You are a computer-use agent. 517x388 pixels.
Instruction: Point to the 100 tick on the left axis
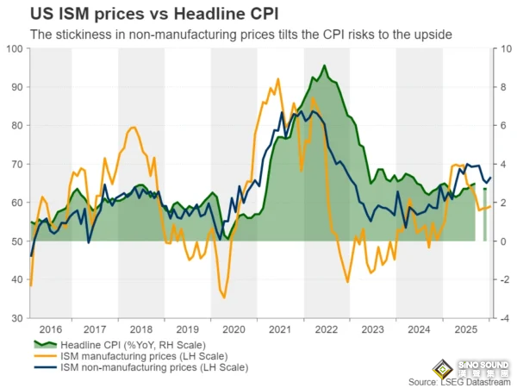click(x=16, y=48)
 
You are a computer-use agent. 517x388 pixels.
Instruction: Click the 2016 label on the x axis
click(x=51, y=329)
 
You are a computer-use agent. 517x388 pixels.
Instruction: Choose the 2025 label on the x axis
click(x=465, y=329)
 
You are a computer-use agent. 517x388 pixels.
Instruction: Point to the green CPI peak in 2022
click(x=324, y=66)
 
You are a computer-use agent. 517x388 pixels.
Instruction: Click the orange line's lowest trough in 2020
click(x=225, y=298)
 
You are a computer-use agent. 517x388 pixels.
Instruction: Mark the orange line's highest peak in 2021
click(x=277, y=79)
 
